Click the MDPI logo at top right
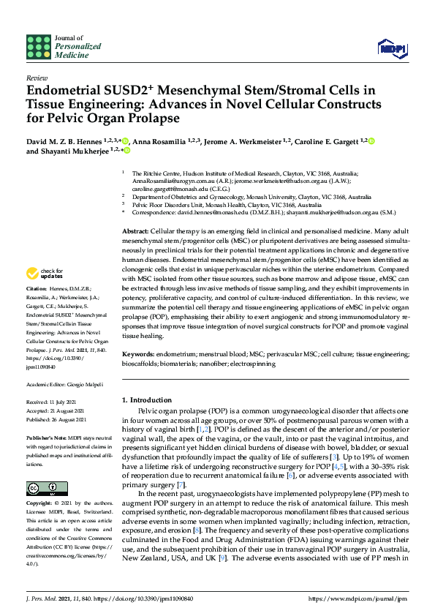(x=391, y=48)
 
